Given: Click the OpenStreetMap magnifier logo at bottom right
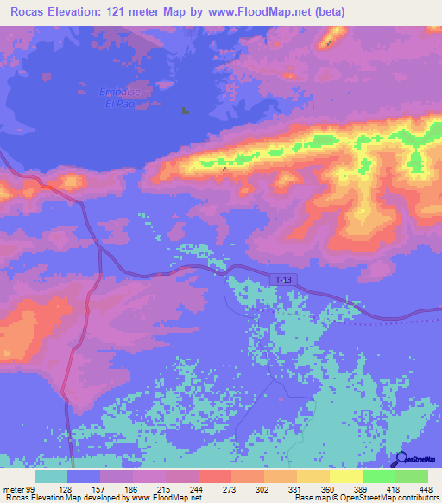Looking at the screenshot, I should coord(400,461).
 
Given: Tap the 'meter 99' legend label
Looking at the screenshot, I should coord(18,489).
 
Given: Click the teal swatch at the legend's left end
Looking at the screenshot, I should coord(51,476).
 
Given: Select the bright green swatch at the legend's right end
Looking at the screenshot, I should coord(411,476).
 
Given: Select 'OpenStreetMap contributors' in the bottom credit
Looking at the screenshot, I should coord(380,498).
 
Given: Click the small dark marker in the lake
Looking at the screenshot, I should coord(184,110).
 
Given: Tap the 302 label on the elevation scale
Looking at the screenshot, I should coord(250,489).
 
